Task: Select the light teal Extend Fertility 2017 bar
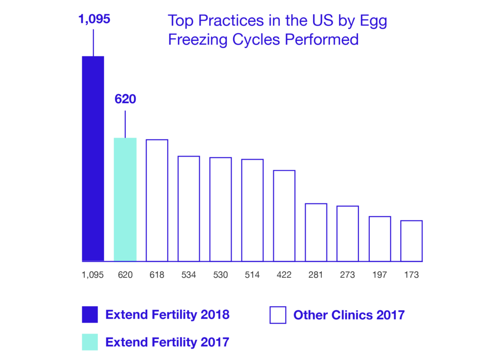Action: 125,199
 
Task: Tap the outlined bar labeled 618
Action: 157,200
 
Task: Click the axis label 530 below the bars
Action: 220,275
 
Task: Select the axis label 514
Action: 252,275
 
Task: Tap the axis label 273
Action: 347,275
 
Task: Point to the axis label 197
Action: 380,275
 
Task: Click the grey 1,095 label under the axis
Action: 93,275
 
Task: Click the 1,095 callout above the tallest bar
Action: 93,20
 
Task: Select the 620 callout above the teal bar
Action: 125,100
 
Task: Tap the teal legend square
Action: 90,342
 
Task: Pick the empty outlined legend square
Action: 278,315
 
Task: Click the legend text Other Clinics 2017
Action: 349,315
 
